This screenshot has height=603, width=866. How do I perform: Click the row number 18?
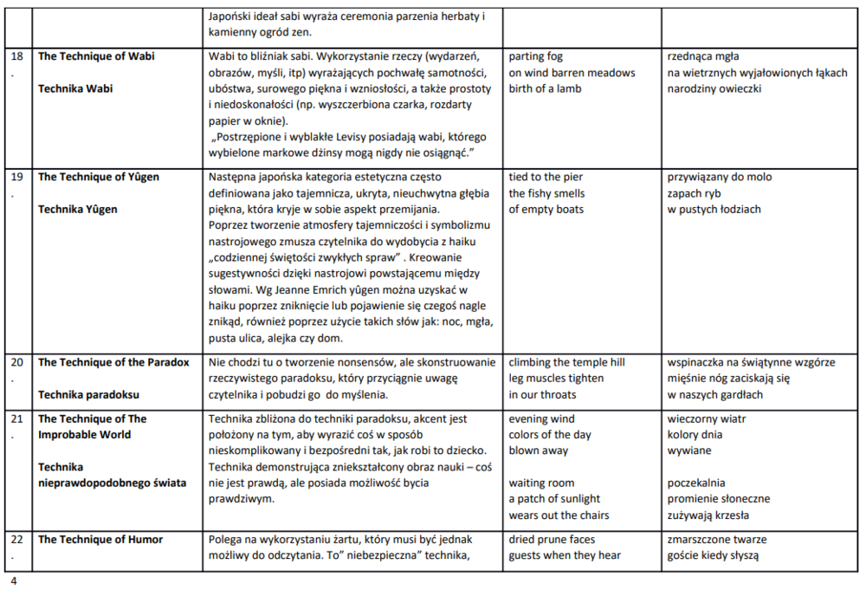(16, 56)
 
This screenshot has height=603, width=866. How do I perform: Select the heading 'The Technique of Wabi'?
(96, 56)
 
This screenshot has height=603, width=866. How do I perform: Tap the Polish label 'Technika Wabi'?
(75, 88)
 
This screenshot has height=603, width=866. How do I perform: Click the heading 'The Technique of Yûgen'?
(99, 177)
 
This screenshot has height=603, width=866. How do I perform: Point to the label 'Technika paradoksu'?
(88, 394)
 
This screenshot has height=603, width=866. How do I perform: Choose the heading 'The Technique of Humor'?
(100, 539)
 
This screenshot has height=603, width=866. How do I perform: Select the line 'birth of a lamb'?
(545, 88)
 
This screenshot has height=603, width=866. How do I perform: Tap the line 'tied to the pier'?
(546, 177)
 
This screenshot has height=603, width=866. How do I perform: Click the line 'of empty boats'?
(546, 209)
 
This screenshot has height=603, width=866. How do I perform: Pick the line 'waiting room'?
(541, 483)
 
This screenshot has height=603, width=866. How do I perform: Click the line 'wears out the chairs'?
(559, 515)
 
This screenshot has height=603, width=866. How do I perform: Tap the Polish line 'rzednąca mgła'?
(702, 56)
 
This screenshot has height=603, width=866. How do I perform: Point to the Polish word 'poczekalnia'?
(696, 483)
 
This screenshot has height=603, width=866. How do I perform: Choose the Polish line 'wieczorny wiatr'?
(707, 418)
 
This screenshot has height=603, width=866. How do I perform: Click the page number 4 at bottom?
(13, 580)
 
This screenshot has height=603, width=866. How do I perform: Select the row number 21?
(16, 418)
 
